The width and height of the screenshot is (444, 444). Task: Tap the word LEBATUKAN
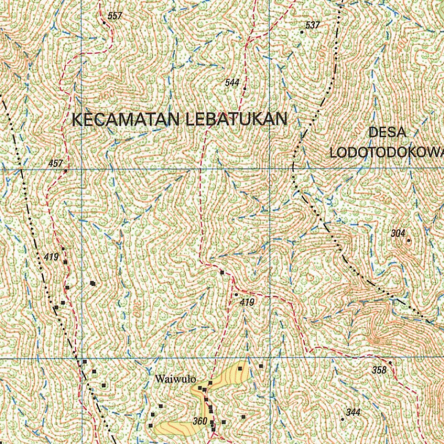point(236,119)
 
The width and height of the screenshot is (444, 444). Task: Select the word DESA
point(387,133)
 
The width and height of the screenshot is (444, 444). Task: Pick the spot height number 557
point(115,16)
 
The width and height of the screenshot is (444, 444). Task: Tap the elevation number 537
point(312,25)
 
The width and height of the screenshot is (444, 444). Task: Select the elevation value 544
point(232,82)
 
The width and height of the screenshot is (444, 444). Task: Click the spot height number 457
point(56,163)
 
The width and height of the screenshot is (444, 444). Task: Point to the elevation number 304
point(398,233)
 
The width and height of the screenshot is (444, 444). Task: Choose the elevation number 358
point(379,370)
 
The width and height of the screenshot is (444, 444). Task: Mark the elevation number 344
point(353,412)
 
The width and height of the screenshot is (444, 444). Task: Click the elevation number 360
point(200,421)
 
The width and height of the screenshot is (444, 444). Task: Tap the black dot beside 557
point(104,23)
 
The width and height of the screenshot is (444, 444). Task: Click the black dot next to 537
point(302,32)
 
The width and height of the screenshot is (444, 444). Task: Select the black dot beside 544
point(245,88)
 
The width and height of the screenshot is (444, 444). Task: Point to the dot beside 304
point(408,240)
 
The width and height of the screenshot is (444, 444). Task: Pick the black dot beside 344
point(343,419)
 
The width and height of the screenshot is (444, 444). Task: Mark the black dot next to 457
point(65,171)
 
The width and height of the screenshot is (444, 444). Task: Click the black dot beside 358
point(390,362)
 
